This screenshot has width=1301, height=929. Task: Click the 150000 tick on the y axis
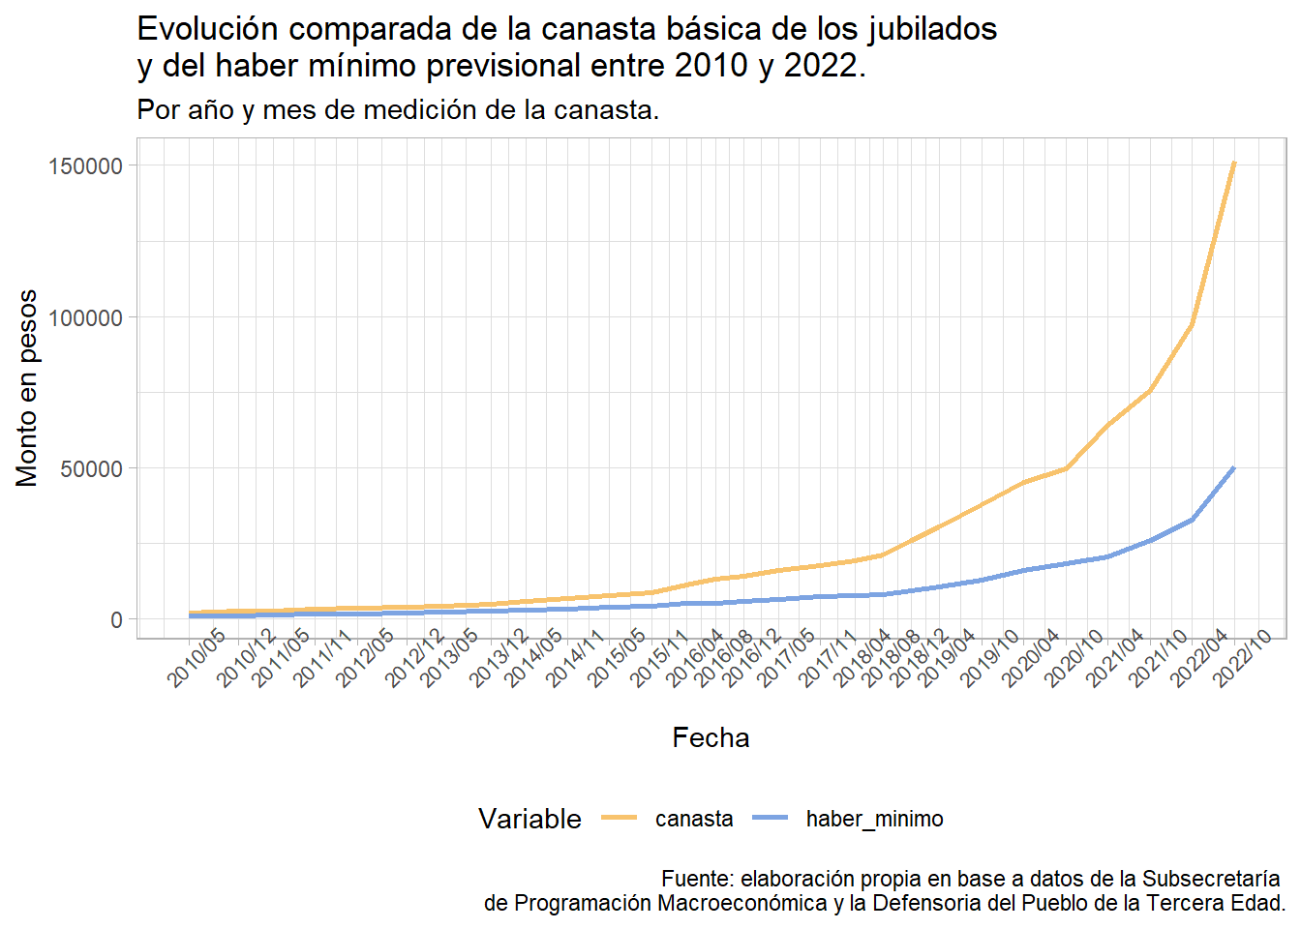tap(86, 166)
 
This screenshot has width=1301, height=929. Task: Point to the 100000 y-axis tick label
tap(86, 317)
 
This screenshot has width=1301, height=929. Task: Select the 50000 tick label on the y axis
tap(92, 468)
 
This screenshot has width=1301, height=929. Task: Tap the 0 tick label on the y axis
tap(117, 619)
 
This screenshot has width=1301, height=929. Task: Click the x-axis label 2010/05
tap(197, 658)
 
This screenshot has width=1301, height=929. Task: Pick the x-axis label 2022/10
tap(1243, 658)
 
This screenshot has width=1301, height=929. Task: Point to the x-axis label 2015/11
tap(660, 658)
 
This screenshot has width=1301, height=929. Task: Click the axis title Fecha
tap(711, 737)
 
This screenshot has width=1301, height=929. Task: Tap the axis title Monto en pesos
tap(27, 387)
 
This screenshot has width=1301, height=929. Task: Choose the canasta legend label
tap(694, 819)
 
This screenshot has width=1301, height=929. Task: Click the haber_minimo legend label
tap(874, 819)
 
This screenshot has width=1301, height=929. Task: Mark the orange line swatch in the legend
tap(620, 819)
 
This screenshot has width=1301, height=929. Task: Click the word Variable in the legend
tap(529, 819)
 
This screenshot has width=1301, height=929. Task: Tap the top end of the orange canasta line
tap(1233, 164)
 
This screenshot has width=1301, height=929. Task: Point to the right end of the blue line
tap(1233, 468)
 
